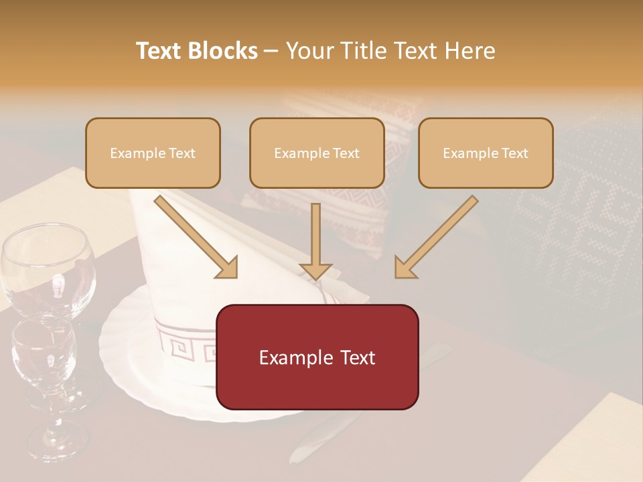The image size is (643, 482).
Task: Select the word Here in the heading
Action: tap(469, 51)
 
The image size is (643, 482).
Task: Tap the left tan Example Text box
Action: tap(153, 153)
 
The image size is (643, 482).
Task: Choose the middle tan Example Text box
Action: tap(317, 153)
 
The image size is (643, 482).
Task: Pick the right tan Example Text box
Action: tap(486, 153)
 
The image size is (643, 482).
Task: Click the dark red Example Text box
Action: tap(317, 357)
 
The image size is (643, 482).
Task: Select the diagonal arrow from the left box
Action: tap(195, 236)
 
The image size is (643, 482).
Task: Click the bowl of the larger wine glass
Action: tap(46, 268)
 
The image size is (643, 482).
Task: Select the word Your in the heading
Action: tap(308, 51)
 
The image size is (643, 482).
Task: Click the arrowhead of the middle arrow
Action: tap(315, 270)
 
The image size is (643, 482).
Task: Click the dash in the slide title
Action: tap(271, 51)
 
